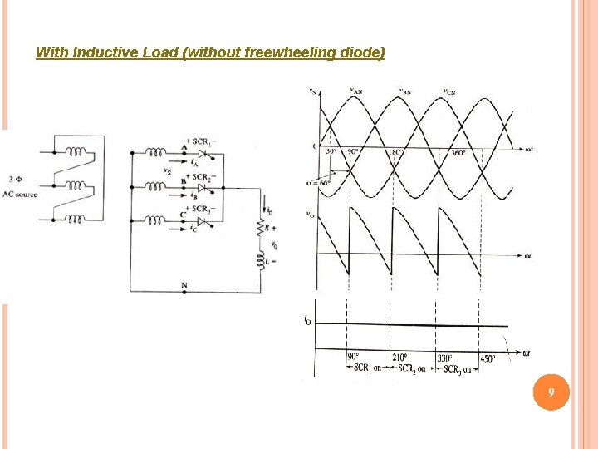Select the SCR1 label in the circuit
click(x=203, y=143)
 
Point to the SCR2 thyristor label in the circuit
click(x=203, y=176)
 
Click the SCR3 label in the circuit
click(x=203, y=209)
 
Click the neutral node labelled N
click(x=184, y=284)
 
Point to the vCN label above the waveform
click(x=448, y=91)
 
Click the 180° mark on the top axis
click(x=395, y=153)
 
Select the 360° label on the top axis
click(x=458, y=153)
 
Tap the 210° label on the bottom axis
click(x=400, y=358)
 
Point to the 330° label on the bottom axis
click(x=445, y=358)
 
